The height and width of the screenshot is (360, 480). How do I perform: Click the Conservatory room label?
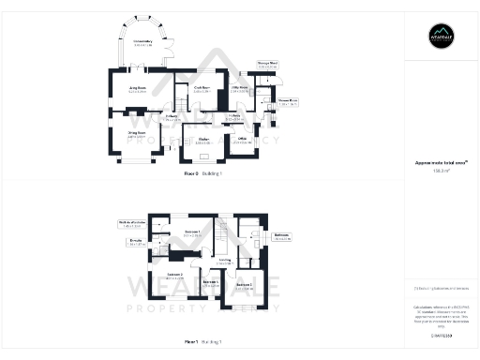tap(142, 43)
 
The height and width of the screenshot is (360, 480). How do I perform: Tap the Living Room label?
tap(139, 89)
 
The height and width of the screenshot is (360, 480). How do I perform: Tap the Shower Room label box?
tap(288, 101)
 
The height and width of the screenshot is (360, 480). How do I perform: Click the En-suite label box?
tap(135, 243)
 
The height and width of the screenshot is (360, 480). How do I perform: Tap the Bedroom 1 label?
tap(193, 232)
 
